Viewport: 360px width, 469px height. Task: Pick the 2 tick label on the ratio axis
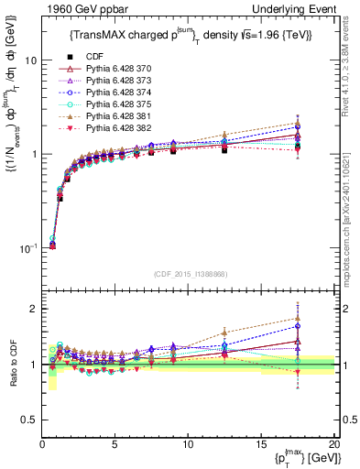click(30, 309)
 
